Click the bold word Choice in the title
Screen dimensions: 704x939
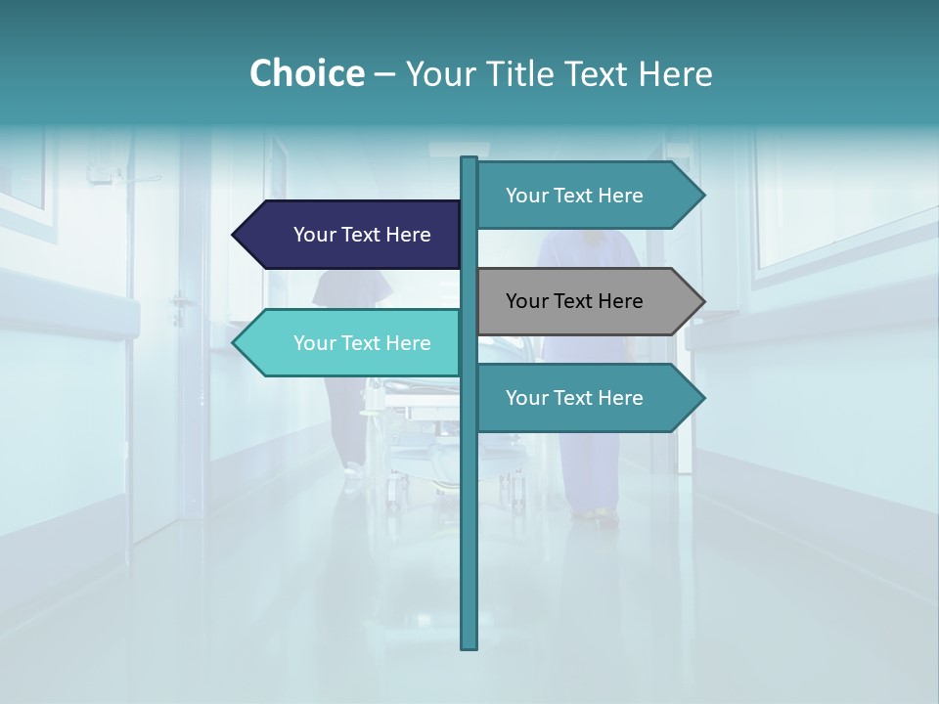pyautogui.click(x=306, y=74)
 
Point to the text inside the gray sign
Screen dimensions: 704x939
pyautogui.click(x=574, y=301)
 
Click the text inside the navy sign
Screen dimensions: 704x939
pyautogui.click(x=362, y=235)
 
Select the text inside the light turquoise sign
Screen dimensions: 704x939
pyautogui.click(x=362, y=343)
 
